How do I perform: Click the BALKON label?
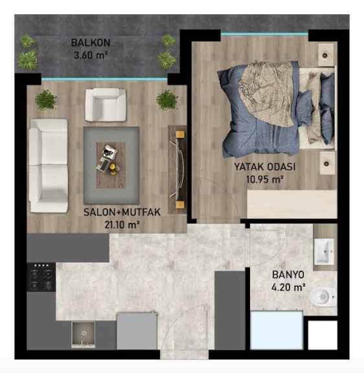pyautogui.click(x=91, y=43)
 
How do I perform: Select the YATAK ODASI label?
pyautogui.click(x=265, y=167)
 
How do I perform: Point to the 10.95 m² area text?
pyautogui.click(x=264, y=179)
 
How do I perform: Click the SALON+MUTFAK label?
pyautogui.click(x=122, y=212)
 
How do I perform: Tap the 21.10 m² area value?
pyautogui.click(x=122, y=225)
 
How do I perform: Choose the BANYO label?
pyautogui.click(x=288, y=275)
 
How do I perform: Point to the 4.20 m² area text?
pyautogui.click(x=288, y=288)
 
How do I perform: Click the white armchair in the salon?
pyautogui.click(x=106, y=105)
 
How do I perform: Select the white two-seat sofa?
pyautogui.click(x=49, y=166)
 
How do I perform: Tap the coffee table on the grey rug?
pyautogui.click(x=111, y=165)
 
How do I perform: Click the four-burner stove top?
pyautogui.click(x=41, y=277)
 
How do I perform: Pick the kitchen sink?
pyautogui.click(x=84, y=335)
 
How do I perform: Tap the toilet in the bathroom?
pyautogui.click(x=324, y=297)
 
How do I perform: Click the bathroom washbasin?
pyautogui.click(x=324, y=251)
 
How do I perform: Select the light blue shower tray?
pyautogui.click(x=277, y=330)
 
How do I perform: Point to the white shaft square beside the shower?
pyautogui.click(x=323, y=335)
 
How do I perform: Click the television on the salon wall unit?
pyautogui.click(x=179, y=169)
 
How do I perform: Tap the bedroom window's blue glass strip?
pyautogui.click(x=264, y=34)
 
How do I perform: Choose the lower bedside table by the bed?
pyautogui.click(x=327, y=163)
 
